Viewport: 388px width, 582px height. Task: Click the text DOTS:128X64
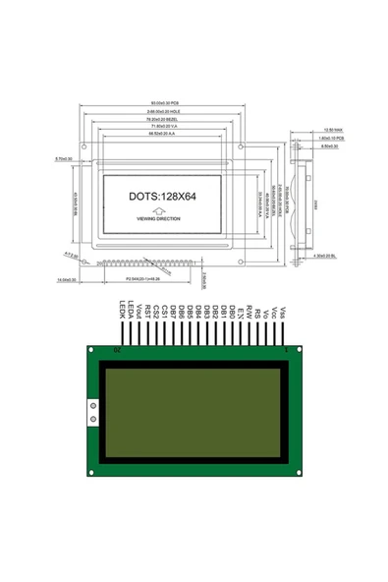point(163,197)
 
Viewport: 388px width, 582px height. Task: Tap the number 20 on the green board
point(119,350)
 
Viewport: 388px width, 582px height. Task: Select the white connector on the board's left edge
point(92,414)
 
